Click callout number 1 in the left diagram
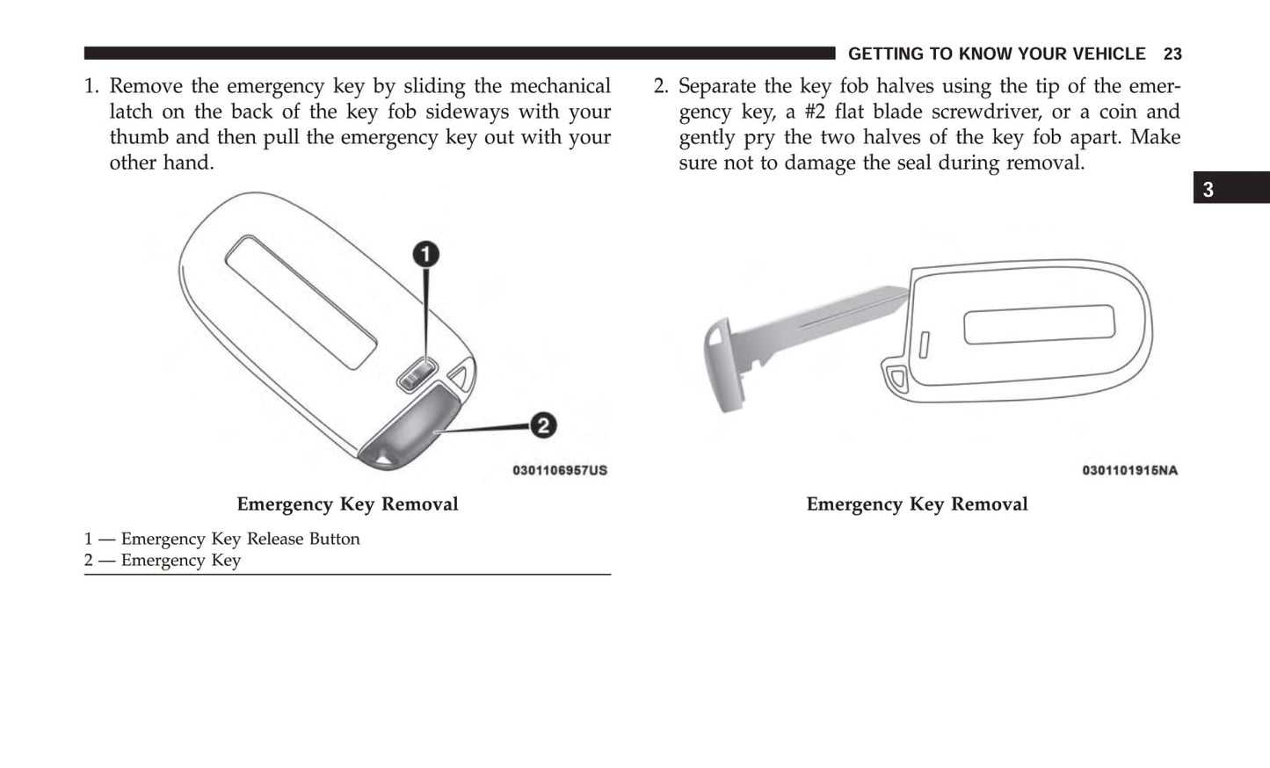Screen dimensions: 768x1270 426,255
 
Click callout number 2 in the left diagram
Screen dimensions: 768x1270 543,425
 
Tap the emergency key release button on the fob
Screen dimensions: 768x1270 417,375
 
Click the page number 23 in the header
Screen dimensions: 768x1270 1172,54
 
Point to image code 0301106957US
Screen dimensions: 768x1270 560,470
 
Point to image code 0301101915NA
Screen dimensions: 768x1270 1129,470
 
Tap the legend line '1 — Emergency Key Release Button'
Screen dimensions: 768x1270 221,539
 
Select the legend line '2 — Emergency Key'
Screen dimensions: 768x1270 163,561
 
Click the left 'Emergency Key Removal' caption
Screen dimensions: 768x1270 347,504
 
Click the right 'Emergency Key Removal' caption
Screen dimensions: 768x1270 917,504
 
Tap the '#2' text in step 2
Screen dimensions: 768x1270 815,112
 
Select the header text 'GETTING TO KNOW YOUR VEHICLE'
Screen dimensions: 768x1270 996,54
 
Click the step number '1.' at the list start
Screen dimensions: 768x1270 92,86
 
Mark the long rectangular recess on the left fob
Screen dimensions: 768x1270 301,301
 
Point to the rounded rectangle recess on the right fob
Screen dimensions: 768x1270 1039,324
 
